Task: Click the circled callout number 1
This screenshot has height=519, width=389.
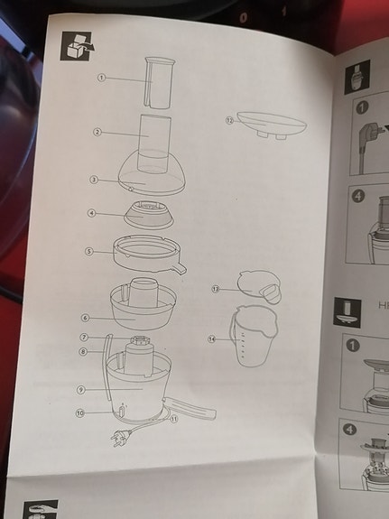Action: [x=102, y=79]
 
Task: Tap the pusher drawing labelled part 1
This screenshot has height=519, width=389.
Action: [x=161, y=83]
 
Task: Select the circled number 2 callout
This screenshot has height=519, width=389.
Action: [x=97, y=133]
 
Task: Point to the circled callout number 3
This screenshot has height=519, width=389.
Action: [x=94, y=180]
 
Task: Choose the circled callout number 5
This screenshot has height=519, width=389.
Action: [x=89, y=251]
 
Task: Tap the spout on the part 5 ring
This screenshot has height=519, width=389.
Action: [x=180, y=268]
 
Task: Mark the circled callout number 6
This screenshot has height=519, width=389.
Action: [x=85, y=317]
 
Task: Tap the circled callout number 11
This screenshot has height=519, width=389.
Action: [x=174, y=418]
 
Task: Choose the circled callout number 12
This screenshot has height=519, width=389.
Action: [x=229, y=120]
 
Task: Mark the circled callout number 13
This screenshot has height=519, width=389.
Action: [x=216, y=289]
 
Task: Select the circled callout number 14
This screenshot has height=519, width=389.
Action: [x=212, y=339]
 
